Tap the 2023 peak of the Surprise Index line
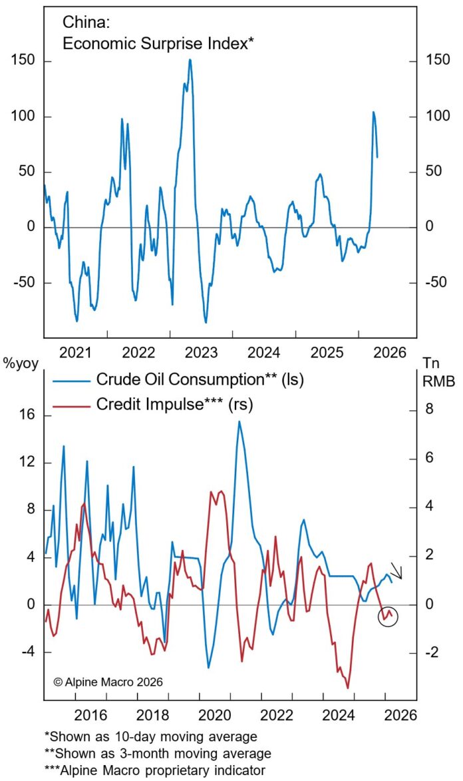(190, 60)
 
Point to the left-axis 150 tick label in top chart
(24, 62)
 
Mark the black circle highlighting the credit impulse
(387, 617)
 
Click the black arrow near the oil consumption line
(396, 571)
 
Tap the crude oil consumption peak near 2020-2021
(239, 421)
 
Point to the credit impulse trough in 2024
(348, 687)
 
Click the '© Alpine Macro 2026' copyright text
(107, 681)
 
